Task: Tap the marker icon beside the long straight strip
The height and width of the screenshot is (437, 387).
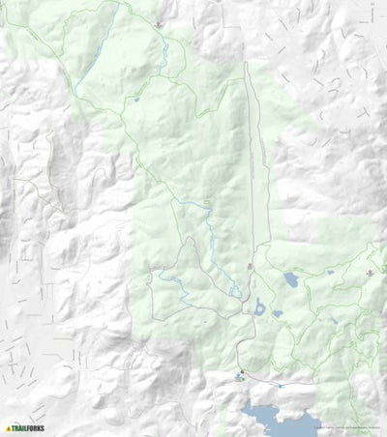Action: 250,265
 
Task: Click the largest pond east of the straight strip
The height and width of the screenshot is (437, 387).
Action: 290,281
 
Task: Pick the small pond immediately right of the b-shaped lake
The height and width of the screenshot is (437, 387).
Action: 278,313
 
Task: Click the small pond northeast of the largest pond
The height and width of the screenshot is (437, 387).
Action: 330,273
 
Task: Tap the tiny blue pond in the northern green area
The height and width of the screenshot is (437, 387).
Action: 136,99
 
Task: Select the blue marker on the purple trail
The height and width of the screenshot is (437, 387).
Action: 280,384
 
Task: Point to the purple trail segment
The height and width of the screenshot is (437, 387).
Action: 290,383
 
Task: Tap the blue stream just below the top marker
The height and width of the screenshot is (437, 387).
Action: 164,48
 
